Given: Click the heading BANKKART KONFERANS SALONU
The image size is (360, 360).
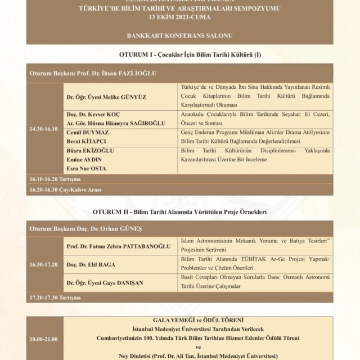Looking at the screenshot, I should click(179, 35).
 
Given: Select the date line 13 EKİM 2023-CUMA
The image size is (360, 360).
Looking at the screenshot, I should click(179, 17).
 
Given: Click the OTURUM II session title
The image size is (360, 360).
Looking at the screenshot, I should click(179, 212).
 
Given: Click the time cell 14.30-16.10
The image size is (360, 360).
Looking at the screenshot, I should click(44, 129).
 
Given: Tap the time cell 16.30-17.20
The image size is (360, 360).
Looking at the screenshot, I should click(44, 264).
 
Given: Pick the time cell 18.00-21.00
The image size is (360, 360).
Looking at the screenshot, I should click(44, 339).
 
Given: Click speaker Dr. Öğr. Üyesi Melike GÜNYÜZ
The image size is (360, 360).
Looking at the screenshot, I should click(106, 97).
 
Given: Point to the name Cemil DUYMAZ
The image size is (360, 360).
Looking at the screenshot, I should click(88, 133).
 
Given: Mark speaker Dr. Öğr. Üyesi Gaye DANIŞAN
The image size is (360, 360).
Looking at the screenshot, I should click(106, 282).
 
